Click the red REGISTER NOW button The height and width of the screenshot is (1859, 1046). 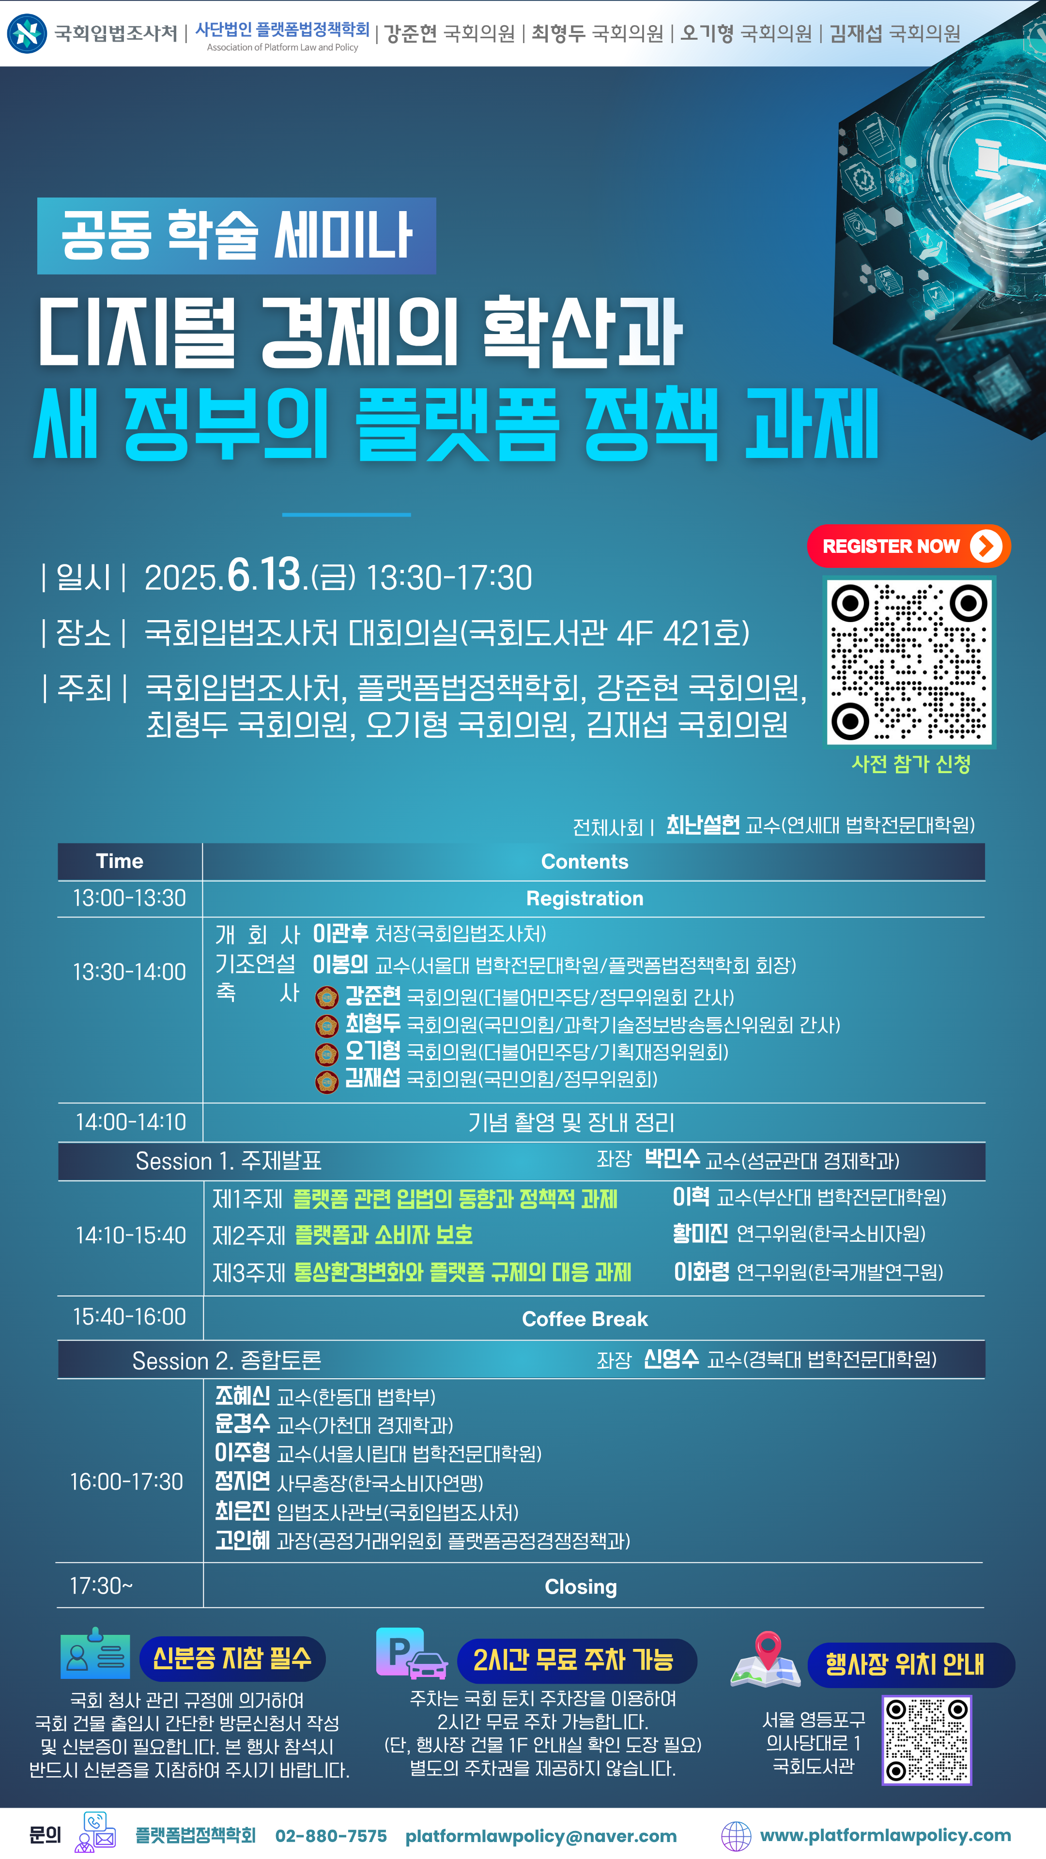click(x=908, y=546)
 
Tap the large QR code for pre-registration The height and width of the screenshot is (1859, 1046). click(x=909, y=662)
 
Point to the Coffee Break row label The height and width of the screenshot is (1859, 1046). click(x=585, y=1318)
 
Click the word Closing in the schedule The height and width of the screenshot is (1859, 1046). click(x=581, y=1586)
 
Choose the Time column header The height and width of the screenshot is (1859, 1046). click(x=120, y=861)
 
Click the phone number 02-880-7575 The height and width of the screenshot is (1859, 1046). click(x=331, y=1835)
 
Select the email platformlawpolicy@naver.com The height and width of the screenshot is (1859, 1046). click(x=541, y=1835)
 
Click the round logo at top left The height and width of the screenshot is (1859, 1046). click(x=27, y=33)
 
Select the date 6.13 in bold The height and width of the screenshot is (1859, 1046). click(x=263, y=575)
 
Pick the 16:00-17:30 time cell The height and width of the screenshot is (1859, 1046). click(x=126, y=1481)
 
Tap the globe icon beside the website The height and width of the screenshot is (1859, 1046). click(x=736, y=1836)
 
